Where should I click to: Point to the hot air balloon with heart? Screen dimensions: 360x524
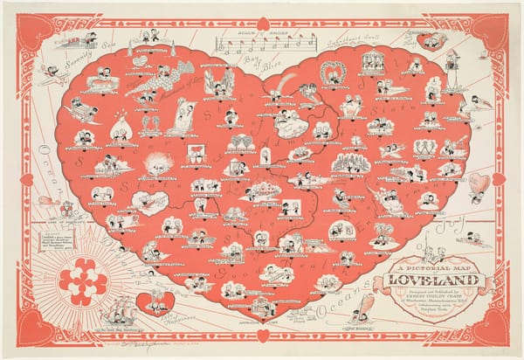477,184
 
